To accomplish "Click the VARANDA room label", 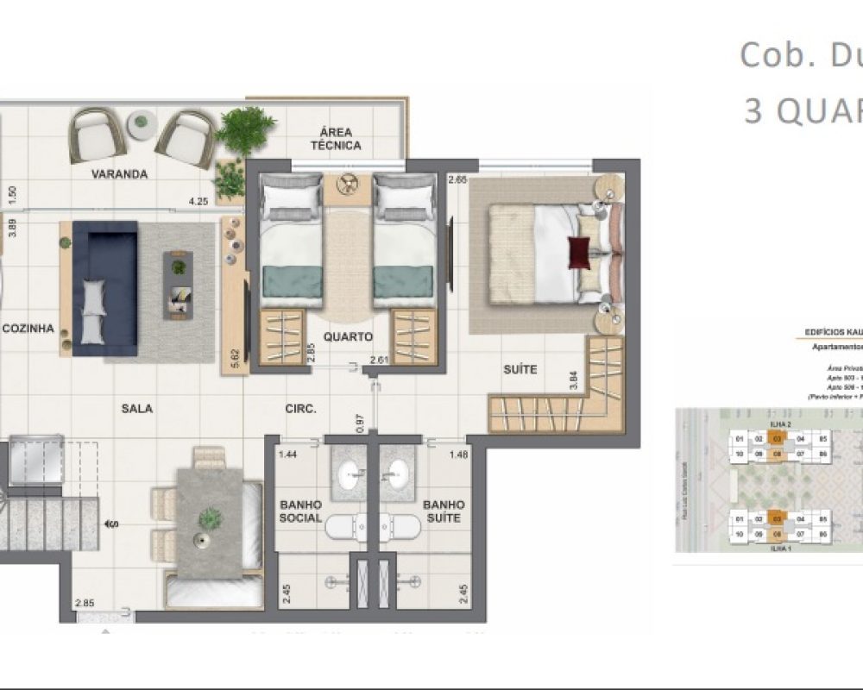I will coord(120,174).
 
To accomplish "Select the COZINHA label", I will coord(28,329).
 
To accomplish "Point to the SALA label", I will coord(137,408).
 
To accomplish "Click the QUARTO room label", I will coord(349,337).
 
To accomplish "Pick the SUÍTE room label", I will coord(520,369).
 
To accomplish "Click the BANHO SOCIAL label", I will coord(300,511).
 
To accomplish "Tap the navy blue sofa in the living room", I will coord(104,287).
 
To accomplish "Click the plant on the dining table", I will coord(210,519).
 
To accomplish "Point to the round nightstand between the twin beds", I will coord(350,184).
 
